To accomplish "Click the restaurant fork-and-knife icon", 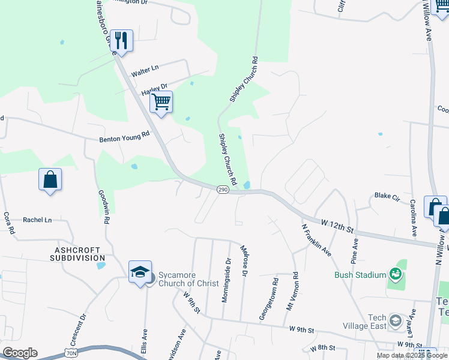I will [x=121, y=41].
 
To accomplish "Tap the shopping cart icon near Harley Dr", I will [x=161, y=102].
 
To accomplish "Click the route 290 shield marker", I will [x=223, y=190].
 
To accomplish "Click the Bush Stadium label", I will [x=360, y=275].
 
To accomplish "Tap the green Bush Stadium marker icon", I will [x=395, y=274].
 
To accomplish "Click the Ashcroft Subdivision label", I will [x=80, y=253].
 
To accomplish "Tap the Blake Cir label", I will [x=387, y=196].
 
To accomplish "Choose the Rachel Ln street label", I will [x=37, y=220].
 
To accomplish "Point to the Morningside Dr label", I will [x=227, y=280].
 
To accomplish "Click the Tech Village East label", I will [x=369, y=322].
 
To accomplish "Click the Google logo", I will [x=20, y=353].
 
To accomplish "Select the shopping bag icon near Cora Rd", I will [x=50, y=179].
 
